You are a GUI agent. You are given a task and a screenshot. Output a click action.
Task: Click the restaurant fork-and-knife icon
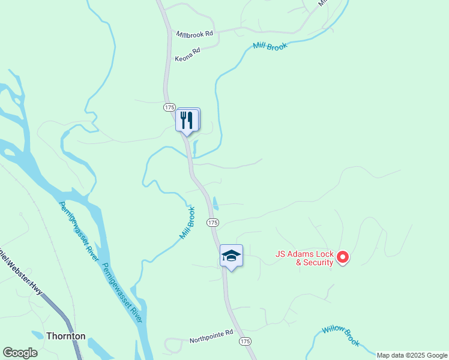click(x=187, y=120)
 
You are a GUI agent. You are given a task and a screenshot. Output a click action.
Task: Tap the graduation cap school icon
click(x=231, y=256)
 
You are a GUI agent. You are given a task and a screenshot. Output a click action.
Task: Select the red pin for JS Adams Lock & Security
click(x=343, y=257)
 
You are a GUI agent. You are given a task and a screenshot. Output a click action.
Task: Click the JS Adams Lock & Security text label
click(x=304, y=258)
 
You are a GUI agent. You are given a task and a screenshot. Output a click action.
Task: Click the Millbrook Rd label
click(x=194, y=34)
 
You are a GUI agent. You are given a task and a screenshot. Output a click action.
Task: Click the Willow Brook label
click(x=340, y=335)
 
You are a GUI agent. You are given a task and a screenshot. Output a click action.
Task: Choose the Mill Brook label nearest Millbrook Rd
click(x=270, y=46)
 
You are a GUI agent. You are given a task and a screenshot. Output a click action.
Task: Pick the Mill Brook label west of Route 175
click(x=187, y=223)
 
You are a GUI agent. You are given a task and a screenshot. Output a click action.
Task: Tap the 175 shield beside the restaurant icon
click(x=169, y=107)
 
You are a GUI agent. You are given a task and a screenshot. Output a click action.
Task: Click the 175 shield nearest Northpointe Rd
click(x=244, y=341)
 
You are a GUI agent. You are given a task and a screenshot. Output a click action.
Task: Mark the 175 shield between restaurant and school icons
click(x=212, y=223)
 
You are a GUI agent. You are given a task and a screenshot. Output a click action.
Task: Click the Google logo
click(x=20, y=353)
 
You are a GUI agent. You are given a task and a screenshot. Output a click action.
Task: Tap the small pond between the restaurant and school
click(x=215, y=203)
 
